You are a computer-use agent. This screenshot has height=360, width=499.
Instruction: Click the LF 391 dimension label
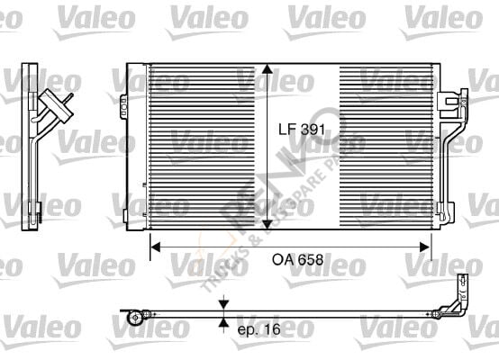point(301,130)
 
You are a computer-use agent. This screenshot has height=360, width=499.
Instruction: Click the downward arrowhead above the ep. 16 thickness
point(224,307)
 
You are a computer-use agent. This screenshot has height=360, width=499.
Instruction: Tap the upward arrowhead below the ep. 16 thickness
point(224,322)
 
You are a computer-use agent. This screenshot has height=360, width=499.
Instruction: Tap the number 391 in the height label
point(312,130)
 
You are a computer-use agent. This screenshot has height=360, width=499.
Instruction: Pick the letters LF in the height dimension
point(286,130)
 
